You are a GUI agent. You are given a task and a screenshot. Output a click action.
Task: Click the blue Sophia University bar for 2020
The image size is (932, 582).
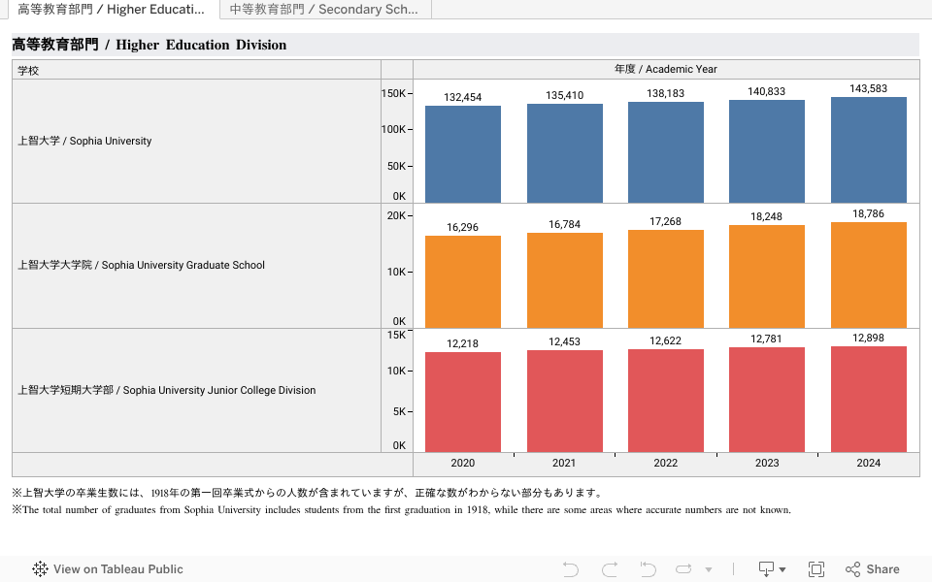463,154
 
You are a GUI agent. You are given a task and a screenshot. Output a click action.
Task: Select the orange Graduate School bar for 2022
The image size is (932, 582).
666,278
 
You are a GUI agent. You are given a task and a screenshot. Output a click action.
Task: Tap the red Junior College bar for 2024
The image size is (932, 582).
869,399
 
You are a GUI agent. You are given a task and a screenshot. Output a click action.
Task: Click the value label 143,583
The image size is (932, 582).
869,88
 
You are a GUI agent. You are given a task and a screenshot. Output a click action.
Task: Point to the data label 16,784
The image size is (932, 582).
564,224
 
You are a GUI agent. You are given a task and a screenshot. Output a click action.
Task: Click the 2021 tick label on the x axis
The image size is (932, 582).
564,463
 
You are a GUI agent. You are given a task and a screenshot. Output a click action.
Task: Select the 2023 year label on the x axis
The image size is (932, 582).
767,463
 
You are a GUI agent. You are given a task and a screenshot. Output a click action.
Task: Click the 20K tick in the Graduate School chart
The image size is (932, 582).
396,215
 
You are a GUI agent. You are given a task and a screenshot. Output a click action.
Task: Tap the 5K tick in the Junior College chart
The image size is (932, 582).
398,410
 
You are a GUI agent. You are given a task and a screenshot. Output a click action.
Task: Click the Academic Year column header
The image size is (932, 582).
666,69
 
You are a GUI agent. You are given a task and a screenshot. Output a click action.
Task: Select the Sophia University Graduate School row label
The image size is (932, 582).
141,265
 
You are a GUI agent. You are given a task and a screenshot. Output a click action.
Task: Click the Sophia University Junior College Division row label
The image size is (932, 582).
167,390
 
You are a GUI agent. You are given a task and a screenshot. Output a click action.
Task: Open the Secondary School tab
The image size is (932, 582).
324,10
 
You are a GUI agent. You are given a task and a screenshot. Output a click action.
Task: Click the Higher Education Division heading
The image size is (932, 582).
150,45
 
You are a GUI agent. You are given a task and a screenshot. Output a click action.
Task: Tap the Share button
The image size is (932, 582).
873,569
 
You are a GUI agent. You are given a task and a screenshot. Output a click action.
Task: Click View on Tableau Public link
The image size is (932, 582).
108,569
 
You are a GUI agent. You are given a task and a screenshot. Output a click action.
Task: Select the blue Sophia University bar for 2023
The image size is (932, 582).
767,151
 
